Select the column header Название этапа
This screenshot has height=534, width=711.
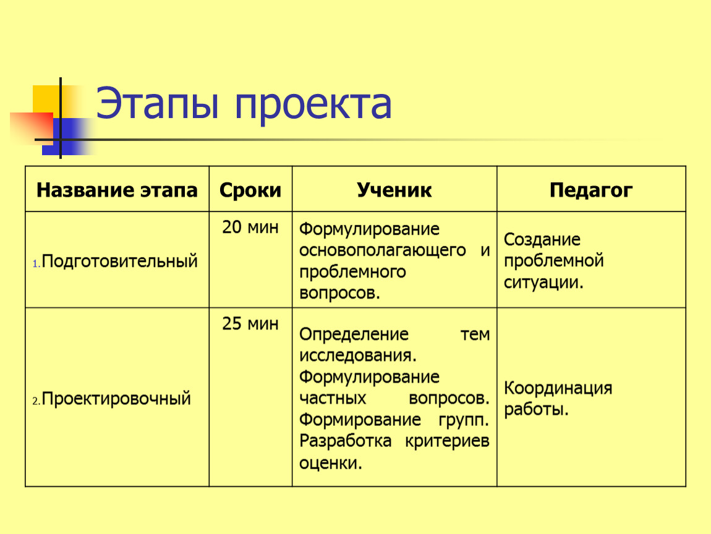tap(117, 190)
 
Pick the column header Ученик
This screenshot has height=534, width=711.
tap(394, 190)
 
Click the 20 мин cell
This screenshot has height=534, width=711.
tap(250, 227)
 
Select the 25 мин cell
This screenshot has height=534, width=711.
tap(250, 324)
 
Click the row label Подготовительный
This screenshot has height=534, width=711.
tap(120, 261)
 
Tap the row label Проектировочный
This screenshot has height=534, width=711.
tap(116, 399)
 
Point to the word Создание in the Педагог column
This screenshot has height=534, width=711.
tap(542, 239)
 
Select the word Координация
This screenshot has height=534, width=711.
tap(558, 389)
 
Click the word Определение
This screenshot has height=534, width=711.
tap(354, 334)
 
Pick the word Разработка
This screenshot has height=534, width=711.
tap(345, 441)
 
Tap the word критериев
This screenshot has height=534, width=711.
tap(447, 441)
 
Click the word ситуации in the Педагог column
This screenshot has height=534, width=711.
tap(543, 283)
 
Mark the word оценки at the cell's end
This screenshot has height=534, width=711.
tap(331, 464)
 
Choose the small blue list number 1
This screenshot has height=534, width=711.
tap(35, 264)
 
